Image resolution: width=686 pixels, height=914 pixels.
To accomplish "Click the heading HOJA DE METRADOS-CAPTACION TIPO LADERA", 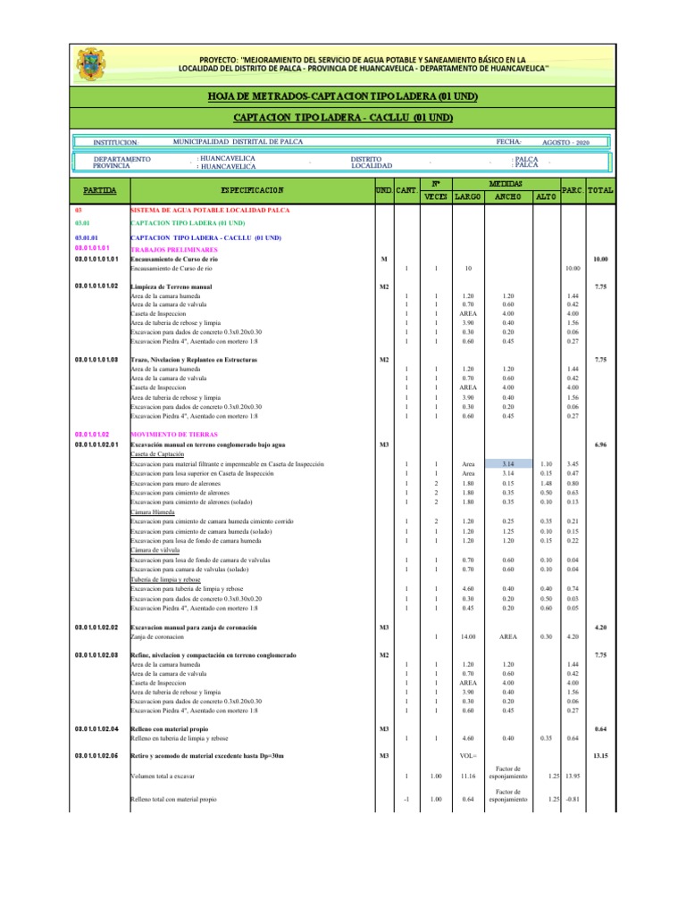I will pos(343,96).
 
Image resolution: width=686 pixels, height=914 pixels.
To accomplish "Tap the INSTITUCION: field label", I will pos(116,143).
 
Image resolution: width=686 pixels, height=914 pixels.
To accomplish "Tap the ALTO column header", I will pos(546,197).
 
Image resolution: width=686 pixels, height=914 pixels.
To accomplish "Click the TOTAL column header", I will pos(601,190).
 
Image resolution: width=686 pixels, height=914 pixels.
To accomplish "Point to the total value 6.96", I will pos(600,444).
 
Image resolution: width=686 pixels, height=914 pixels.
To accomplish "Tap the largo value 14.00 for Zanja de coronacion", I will pos(466,636).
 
